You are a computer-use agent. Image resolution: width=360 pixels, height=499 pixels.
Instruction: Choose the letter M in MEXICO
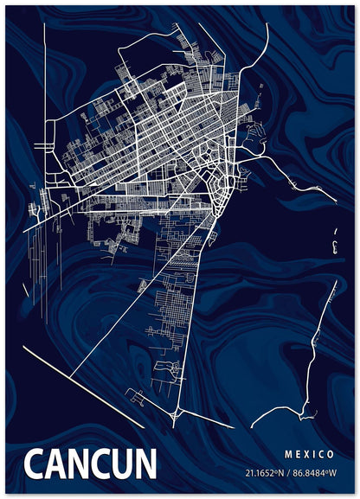[x=287, y=454]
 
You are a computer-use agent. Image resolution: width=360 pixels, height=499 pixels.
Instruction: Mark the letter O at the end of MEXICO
[x=331, y=454]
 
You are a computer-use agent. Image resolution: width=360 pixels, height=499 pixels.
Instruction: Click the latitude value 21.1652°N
[x=264, y=473]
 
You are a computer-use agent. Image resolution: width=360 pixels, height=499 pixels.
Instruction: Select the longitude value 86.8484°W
[x=312, y=473]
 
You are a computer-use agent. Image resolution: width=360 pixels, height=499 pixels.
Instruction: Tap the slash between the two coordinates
[x=287, y=473]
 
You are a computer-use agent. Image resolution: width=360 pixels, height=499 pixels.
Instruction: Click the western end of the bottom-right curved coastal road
[x=252, y=426]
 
